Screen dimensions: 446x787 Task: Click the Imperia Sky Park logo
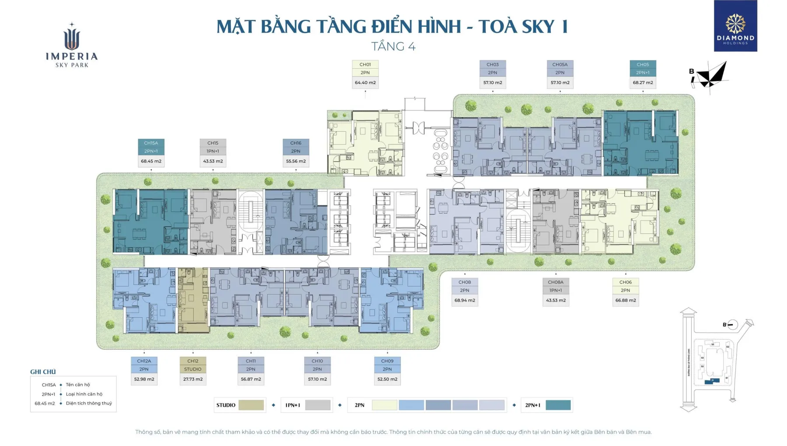pyautogui.click(x=72, y=46)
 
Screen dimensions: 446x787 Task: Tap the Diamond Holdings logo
pyautogui.click(x=735, y=26)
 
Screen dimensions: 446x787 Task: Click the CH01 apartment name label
pyautogui.click(x=365, y=64)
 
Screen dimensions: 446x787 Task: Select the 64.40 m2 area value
pyautogui.click(x=365, y=83)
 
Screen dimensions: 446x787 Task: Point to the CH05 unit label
pyautogui.click(x=643, y=64)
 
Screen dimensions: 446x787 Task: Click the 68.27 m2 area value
pyautogui.click(x=643, y=83)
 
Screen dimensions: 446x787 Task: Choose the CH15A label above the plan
pyautogui.click(x=151, y=143)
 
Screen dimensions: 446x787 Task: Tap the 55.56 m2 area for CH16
pyautogui.click(x=296, y=162)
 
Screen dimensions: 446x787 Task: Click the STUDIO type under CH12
pyautogui.click(x=193, y=369)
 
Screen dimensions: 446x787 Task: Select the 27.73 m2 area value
pyautogui.click(x=193, y=379)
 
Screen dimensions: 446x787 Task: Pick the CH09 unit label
pyautogui.click(x=387, y=361)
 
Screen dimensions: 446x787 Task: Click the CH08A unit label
pyautogui.click(x=556, y=282)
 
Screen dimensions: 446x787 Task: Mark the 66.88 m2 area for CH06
pyautogui.click(x=626, y=301)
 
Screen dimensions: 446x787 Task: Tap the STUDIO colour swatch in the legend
pyautogui.click(x=251, y=405)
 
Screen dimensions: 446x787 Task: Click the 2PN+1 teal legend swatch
pyautogui.click(x=558, y=405)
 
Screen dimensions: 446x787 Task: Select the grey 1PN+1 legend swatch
pyautogui.click(x=318, y=405)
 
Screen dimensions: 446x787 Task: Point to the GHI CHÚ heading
pyautogui.click(x=43, y=372)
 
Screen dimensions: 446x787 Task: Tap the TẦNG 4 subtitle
pyautogui.click(x=393, y=46)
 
